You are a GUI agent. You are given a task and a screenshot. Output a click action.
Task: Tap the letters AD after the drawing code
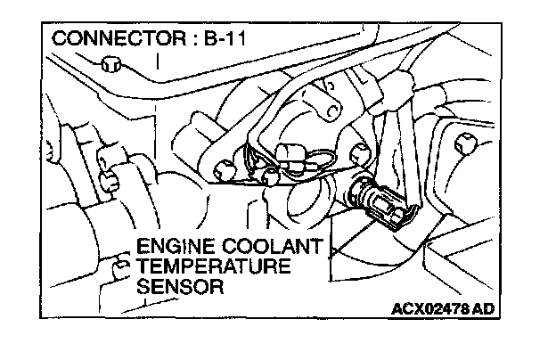[481, 309]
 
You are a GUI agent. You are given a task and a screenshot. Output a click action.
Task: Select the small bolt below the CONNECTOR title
[110, 64]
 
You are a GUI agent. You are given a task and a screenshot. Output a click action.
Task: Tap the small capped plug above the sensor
[290, 154]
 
